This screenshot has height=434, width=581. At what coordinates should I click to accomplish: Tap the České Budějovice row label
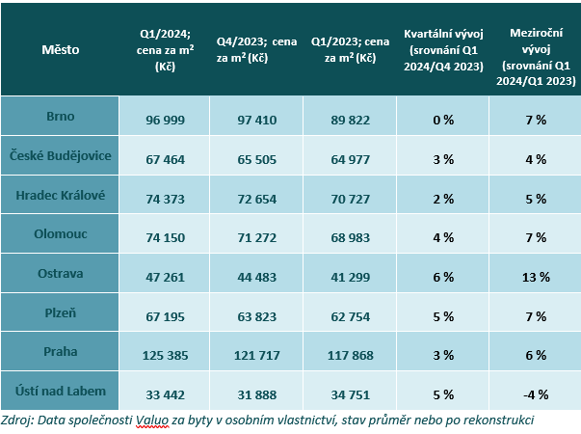click(x=60, y=156)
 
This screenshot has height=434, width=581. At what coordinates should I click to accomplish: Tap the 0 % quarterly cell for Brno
click(x=443, y=120)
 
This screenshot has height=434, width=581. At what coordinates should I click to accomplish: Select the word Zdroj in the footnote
click(x=20, y=420)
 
